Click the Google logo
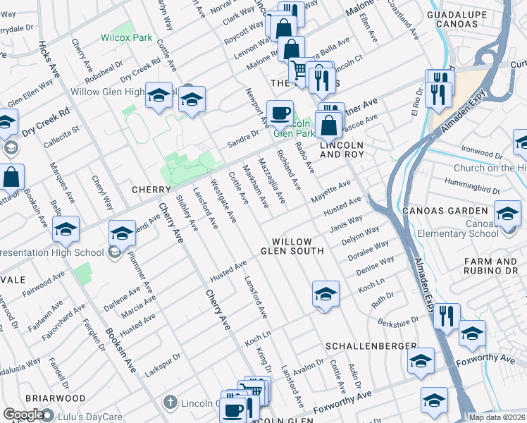tap(23, 415)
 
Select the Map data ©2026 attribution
tap(497, 417)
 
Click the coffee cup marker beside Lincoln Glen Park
tap(280, 113)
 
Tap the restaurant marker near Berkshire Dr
tap(447, 316)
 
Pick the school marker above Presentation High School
tap(66, 229)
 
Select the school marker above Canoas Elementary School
tap(508, 213)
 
